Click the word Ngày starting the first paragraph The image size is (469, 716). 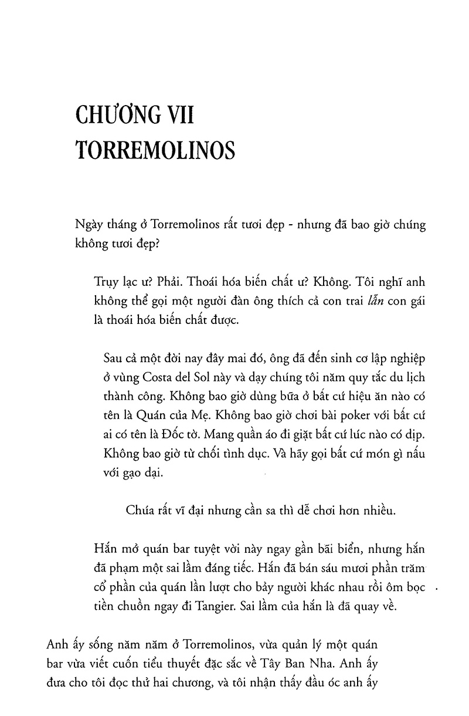[x=90, y=228]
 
